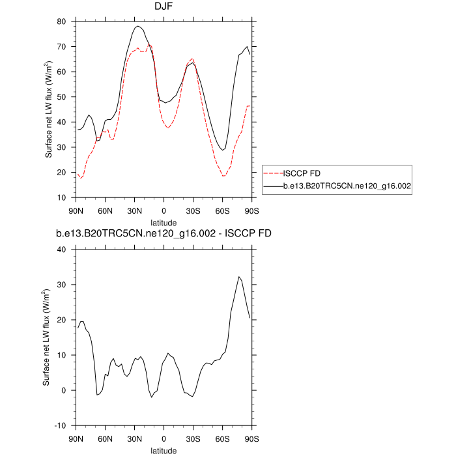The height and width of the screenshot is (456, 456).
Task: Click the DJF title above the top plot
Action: (164, 8)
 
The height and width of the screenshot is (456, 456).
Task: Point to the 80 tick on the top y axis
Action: (62, 21)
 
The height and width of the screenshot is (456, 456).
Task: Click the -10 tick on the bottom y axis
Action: (61, 425)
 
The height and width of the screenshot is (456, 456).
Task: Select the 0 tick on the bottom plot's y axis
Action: (64, 390)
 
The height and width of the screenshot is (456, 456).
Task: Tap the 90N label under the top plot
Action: (76, 210)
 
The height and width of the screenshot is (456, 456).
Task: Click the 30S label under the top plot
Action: (193, 210)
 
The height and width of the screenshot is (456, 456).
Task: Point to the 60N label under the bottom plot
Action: (106, 438)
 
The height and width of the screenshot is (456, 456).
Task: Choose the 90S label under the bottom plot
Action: (252, 438)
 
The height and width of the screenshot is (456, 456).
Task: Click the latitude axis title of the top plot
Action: (164, 222)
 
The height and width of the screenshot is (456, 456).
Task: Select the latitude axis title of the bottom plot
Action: (164, 450)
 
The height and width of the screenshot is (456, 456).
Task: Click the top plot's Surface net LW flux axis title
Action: (50, 109)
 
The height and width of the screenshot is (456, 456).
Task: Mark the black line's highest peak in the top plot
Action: (138, 26)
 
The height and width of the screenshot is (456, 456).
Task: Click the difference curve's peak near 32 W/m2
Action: (239, 277)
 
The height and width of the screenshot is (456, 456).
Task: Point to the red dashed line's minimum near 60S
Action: (223, 176)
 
